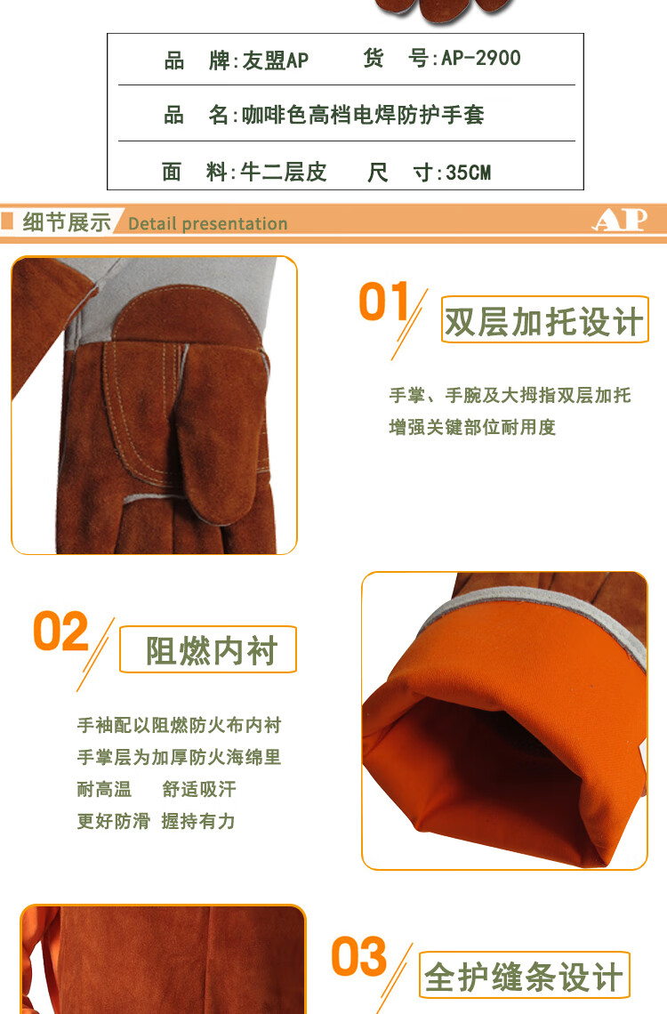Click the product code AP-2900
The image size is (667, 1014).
(x=480, y=59)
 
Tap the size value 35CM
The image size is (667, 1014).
(x=468, y=172)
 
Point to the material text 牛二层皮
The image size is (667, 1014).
(x=283, y=172)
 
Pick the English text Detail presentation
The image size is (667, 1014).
(x=207, y=223)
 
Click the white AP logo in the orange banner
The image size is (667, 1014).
(x=619, y=220)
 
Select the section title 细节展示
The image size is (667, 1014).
(x=66, y=222)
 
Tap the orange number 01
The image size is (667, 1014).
(x=384, y=302)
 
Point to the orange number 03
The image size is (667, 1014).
(x=359, y=957)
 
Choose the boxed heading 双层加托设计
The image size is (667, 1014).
(x=544, y=322)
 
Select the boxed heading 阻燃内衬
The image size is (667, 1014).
(x=212, y=650)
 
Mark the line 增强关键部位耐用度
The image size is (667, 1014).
(x=471, y=427)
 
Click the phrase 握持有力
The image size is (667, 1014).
(x=198, y=821)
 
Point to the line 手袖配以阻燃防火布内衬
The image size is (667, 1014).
(x=179, y=725)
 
